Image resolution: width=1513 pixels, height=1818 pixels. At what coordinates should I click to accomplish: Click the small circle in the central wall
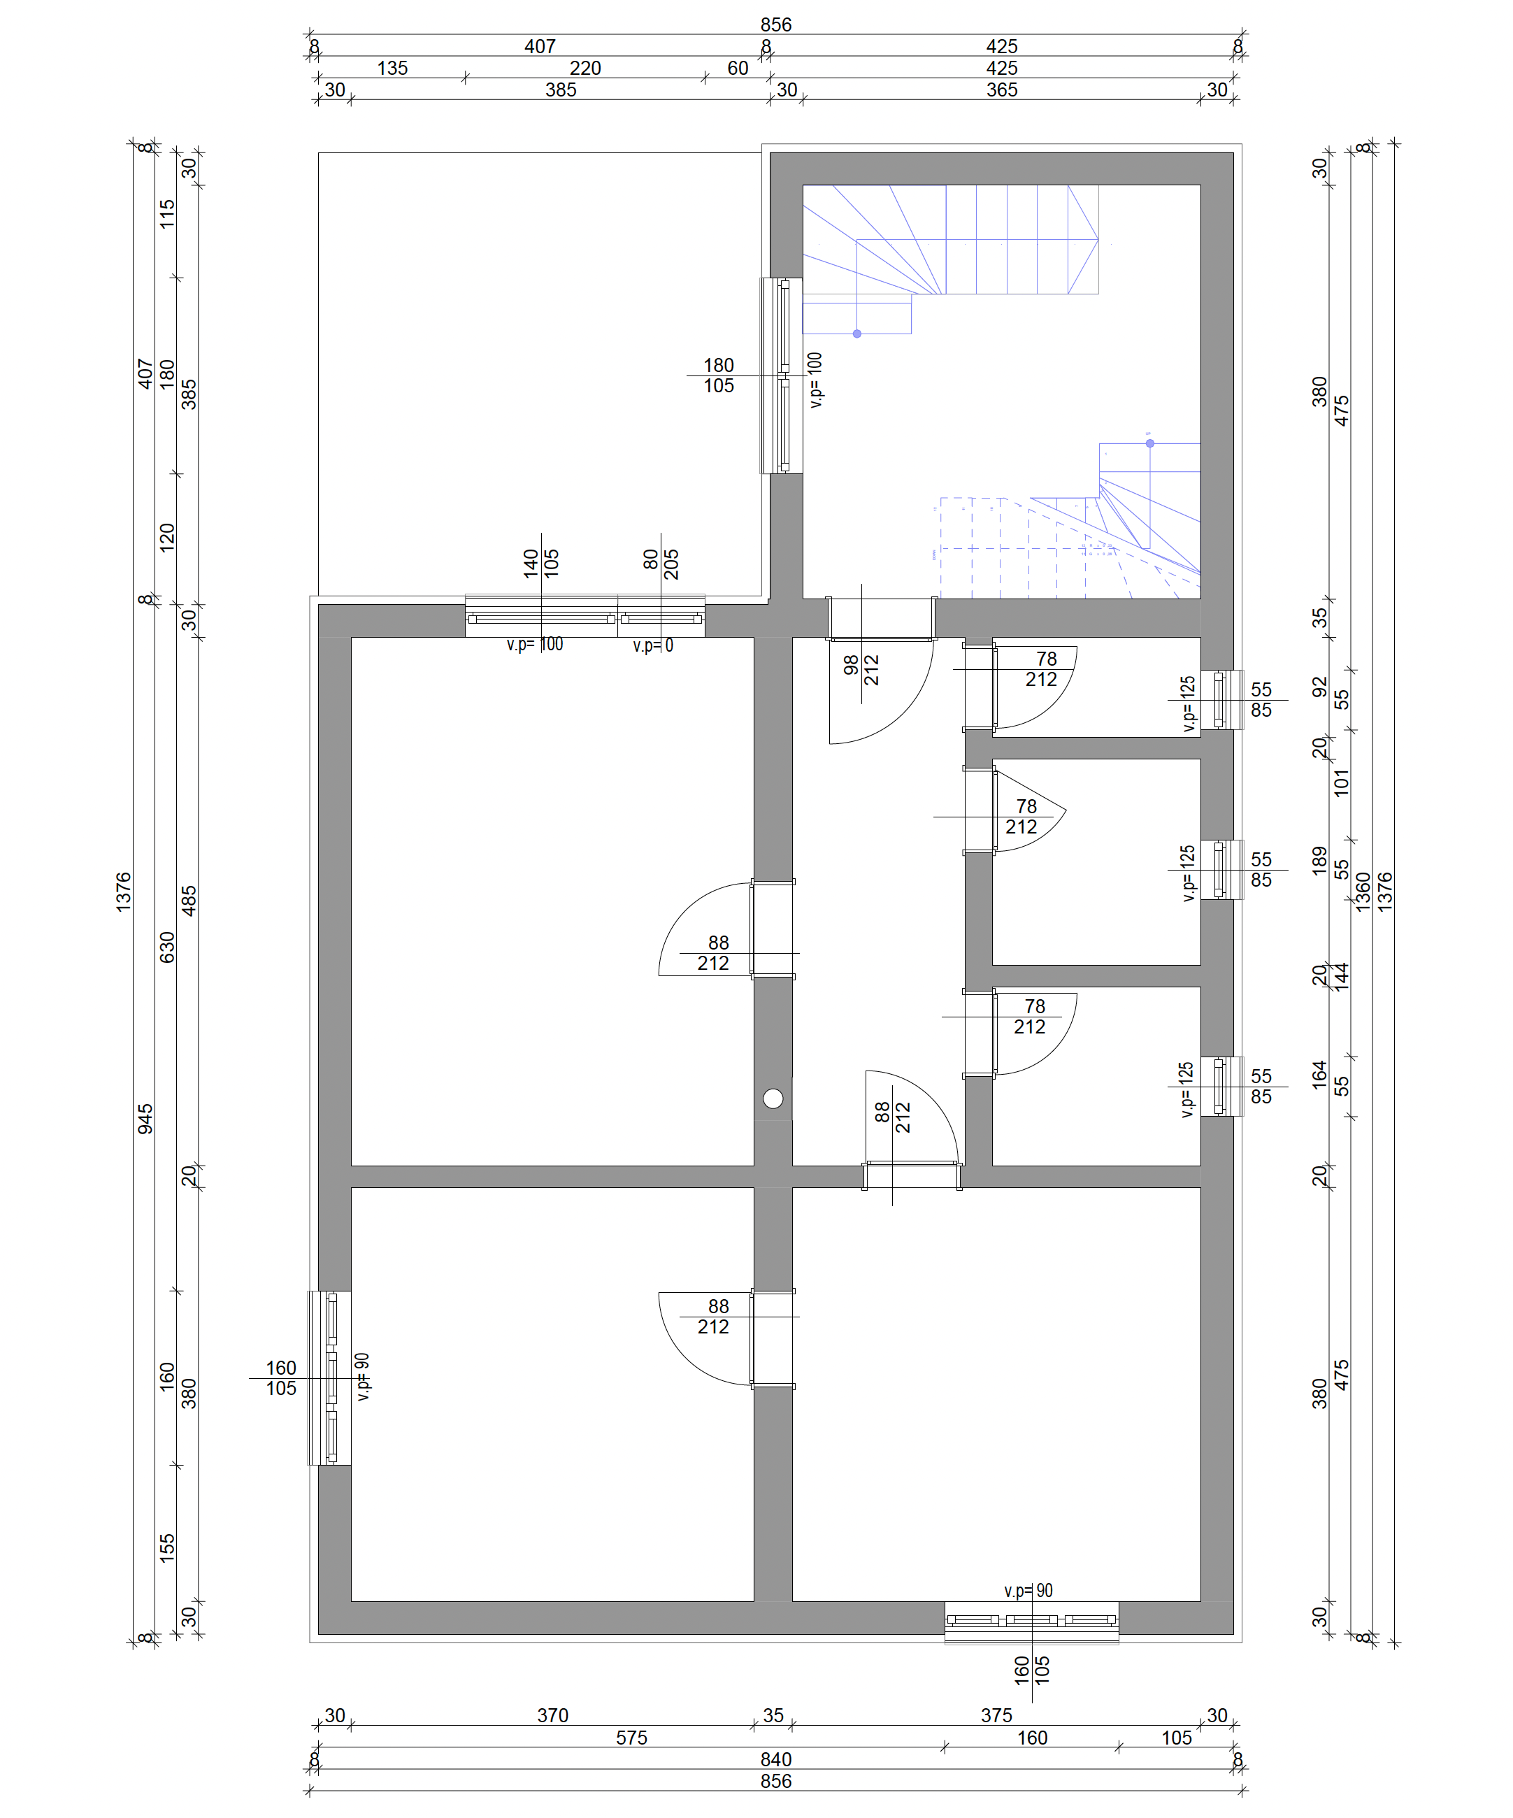tap(773, 1098)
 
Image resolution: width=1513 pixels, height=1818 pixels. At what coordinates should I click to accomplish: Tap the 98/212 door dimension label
tap(861, 668)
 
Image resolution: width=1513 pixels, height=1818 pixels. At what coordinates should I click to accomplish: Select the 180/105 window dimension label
tap(719, 375)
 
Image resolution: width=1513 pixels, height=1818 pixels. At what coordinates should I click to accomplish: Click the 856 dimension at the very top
tap(775, 24)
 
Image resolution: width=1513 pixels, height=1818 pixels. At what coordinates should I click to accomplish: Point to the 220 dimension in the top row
tap(585, 68)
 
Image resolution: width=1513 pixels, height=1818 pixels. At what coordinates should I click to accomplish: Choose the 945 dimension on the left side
tap(145, 1119)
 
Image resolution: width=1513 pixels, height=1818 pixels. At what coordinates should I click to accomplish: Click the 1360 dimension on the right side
tap(1363, 892)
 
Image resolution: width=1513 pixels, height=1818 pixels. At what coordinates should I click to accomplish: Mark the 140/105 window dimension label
tap(541, 564)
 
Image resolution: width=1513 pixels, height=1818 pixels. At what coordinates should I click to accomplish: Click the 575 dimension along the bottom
tap(632, 1738)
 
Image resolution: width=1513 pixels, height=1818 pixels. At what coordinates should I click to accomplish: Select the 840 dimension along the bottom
tap(775, 1759)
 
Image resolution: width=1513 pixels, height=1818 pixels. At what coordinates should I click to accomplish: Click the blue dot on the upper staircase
tap(857, 334)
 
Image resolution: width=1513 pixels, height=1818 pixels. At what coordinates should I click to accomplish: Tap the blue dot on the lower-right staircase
tap(1150, 443)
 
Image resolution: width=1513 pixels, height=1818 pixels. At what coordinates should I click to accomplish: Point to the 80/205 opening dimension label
tap(661, 564)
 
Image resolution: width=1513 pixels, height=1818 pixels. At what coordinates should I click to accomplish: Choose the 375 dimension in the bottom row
tap(996, 1715)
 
